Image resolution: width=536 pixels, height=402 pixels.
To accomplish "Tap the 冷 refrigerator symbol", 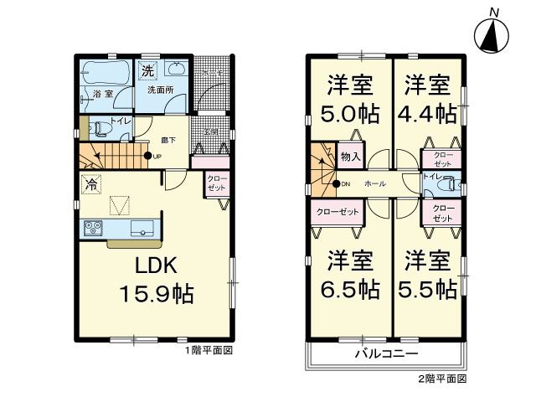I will (89, 185).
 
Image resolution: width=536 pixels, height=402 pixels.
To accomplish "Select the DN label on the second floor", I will (345, 183).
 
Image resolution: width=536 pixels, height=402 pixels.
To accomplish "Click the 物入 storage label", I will (351, 157).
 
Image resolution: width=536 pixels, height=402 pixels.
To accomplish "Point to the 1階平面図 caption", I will (209, 350).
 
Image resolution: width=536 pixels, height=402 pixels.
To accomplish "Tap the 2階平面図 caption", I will (441, 379).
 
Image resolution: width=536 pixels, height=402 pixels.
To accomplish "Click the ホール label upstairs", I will (375, 183).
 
